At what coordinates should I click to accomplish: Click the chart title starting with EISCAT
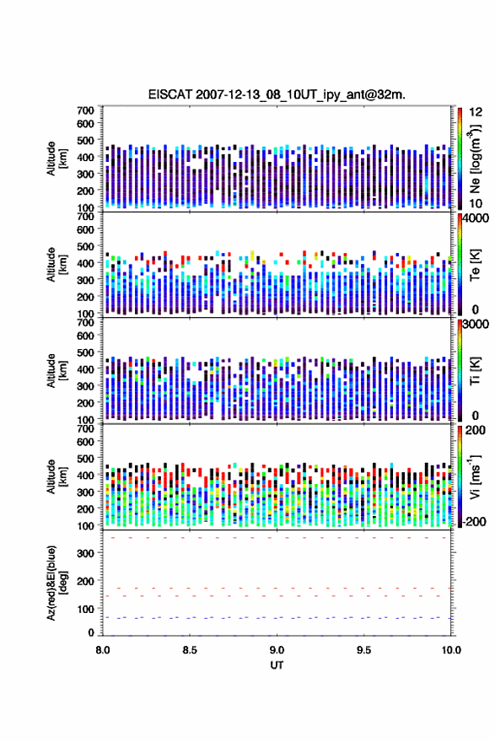click(277, 94)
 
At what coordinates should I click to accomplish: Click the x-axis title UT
click(277, 665)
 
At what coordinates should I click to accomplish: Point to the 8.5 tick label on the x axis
click(190, 650)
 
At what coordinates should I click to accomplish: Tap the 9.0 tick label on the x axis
click(277, 650)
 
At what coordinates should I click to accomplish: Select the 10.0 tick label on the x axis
click(451, 650)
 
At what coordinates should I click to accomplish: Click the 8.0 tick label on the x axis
click(103, 650)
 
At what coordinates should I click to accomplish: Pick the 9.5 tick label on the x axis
click(364, 650)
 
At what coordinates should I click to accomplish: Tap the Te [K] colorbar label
click(475, 265)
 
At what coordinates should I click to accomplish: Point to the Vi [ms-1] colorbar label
click(475, 476)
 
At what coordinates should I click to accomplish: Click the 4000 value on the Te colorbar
click(476, 218)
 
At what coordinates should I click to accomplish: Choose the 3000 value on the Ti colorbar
click(476, 324)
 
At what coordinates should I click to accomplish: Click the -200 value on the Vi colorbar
click(474, 521)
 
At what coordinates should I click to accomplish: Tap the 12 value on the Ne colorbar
click(476, 112)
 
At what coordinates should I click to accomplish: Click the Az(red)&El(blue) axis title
click(56, 583)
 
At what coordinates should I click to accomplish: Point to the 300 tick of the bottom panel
click(86, 553)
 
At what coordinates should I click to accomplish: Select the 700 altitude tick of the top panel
click(86, 110)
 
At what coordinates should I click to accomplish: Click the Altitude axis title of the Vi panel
click(56, 476)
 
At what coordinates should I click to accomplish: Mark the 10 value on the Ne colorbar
click(476, 203)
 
